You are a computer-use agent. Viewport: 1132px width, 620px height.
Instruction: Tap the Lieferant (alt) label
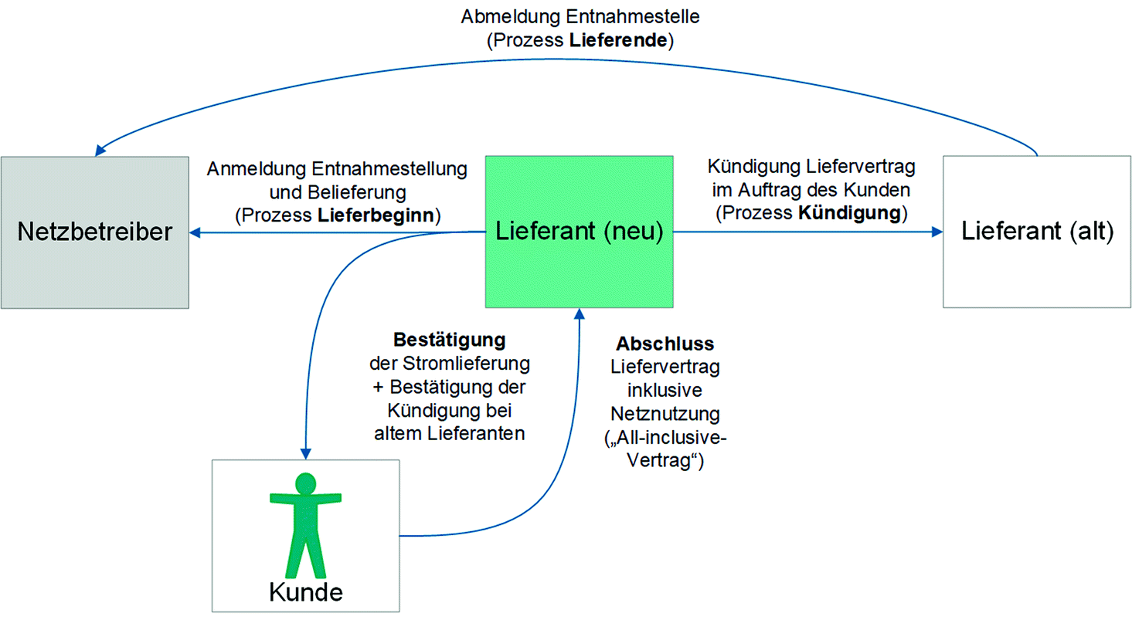click(1037, 231)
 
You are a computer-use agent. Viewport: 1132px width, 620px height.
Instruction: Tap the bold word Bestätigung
click(449, 340)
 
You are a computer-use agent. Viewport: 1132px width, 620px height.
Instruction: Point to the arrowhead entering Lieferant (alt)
click(937, 231)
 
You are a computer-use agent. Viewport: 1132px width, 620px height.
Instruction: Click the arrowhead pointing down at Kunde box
click(306, 453)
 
